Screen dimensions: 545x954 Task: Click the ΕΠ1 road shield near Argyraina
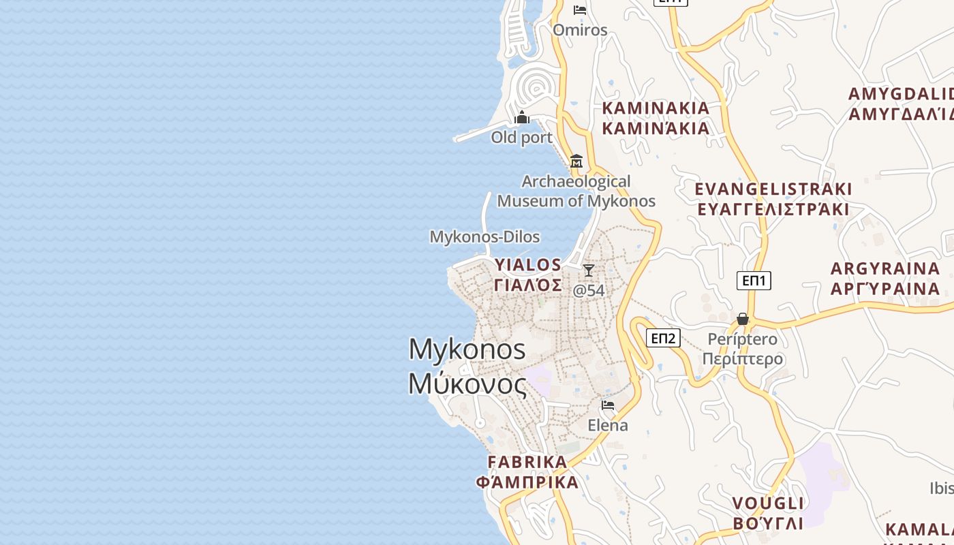point(754,280)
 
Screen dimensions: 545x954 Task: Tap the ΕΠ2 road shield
point(663,338)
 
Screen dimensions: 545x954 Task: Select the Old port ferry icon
point(522,118)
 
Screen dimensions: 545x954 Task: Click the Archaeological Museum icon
point(576,161)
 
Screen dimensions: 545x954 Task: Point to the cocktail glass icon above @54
point(588,270)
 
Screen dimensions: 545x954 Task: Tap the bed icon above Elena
point(608,405)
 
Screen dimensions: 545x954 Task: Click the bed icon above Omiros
point(580,10)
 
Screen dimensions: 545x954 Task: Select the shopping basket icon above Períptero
point(743,319)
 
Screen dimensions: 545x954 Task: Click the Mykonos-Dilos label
point(484,237)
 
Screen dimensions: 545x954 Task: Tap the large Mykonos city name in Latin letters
point(467,349)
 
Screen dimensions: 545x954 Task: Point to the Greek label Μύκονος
point(467,384)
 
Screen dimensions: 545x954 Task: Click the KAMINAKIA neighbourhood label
point(656,108)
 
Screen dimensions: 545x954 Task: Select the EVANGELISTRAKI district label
point(773,189)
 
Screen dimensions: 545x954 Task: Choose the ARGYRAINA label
point(885,268)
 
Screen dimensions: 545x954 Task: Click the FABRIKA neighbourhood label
point(527,462)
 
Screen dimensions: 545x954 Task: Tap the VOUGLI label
point(768,503)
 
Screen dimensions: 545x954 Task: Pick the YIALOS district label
point(528,265)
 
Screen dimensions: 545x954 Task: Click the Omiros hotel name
point(580,30)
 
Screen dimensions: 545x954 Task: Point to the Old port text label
point(522,138)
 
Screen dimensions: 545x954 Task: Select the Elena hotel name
point(608,425)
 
